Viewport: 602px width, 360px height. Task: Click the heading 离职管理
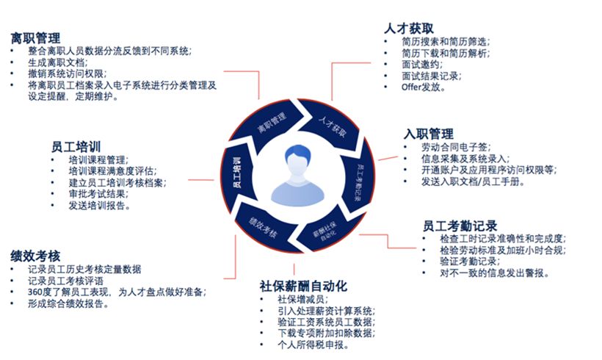tap(35, 37)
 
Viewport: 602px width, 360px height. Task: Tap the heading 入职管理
tap(429, 134)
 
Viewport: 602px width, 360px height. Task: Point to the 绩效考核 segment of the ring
tap(262, 226)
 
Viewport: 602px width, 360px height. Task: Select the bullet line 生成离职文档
tap(57, 62)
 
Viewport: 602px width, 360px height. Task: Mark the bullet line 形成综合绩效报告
tap(67, 304)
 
